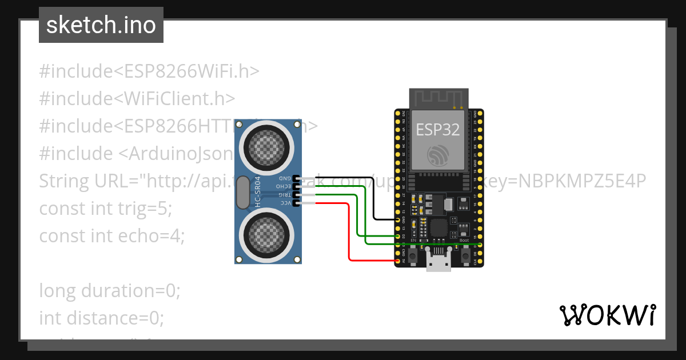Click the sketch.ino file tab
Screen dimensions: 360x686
[101, 26]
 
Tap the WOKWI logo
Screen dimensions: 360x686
[607, 315]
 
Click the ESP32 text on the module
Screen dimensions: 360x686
[437, 130]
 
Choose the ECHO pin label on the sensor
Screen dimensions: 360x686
[283, 186]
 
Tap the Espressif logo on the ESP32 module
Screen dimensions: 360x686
[437, 155]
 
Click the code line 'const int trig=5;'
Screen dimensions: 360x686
[105, 209]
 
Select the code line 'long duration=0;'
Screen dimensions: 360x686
[110, 291]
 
